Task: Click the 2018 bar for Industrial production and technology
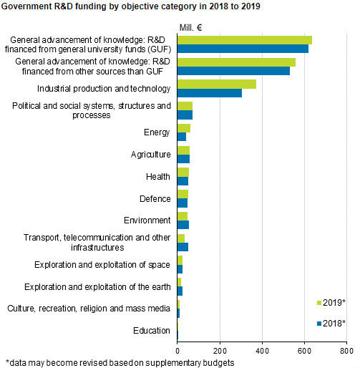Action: [x=209, y=93]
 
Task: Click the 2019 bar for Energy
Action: [x=183, y=128]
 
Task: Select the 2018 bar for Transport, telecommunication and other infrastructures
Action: [x=183, y=247]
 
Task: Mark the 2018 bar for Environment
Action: [x=183, y=225]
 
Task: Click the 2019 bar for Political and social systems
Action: [x=185, y=107]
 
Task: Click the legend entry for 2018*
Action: [x=331, y=324]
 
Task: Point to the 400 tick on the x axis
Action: [x=262, y=352]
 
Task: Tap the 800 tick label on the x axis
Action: [x=346, y=352]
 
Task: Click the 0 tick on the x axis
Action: [x=177, y=352]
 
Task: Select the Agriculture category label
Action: [x=150, y=154]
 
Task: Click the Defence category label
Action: [x=155, y=198]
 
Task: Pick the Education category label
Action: [x=151, y=330]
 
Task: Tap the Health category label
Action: [x=157, y=176]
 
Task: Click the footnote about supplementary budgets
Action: [x=120, y=362]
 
